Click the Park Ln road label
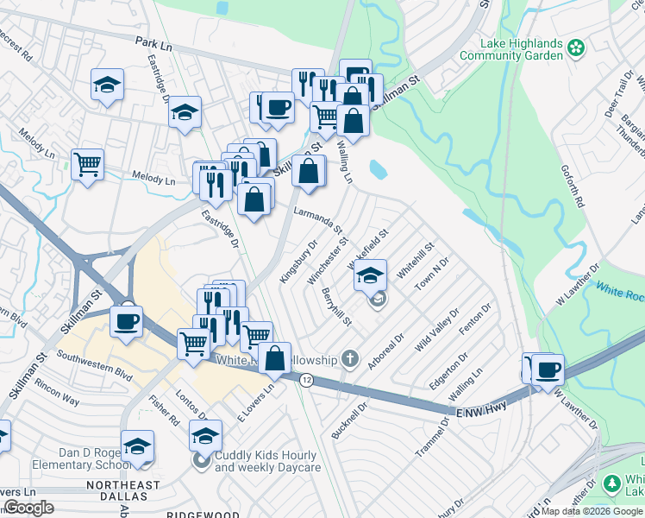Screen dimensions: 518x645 155,41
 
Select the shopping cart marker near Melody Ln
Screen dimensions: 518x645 88,164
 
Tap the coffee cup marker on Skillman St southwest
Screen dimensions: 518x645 127,322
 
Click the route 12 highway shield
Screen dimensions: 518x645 306,380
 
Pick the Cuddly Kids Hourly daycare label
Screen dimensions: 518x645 267,460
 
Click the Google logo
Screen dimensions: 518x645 28,508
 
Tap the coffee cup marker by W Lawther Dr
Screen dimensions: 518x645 548,370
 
